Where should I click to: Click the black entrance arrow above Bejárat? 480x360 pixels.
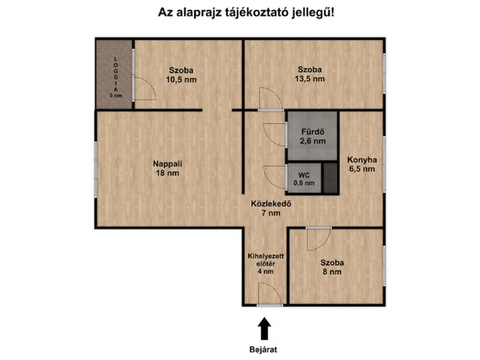tap(264, 328)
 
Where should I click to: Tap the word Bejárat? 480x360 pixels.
tap(264, 349)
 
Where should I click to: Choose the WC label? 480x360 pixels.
tap(304, 174)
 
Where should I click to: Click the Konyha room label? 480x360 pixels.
tap(361, 159)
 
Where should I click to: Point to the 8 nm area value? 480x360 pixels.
tap(331, 272)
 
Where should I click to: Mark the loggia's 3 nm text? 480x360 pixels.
tap(115, 96)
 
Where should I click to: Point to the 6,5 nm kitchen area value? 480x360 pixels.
tap(361, 169)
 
